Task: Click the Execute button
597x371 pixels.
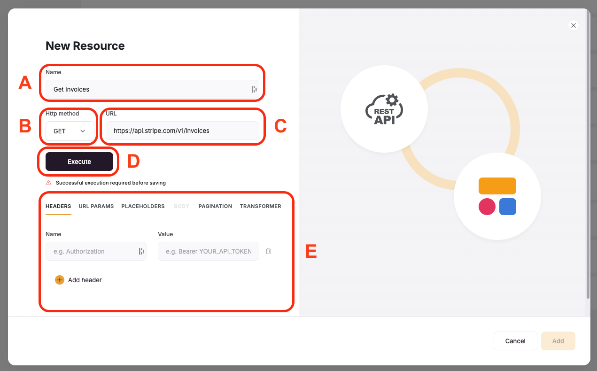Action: tap(79, 162)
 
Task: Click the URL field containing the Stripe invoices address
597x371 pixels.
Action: tap(182, 131)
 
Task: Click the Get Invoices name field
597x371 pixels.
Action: tap(152, 89)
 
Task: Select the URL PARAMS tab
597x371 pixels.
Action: tap(96, 206)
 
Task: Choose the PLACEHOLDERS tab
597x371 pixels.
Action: tap(143, 206)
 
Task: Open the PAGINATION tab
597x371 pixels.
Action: tap(215, 206)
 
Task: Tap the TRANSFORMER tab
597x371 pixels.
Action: tap(260, 206)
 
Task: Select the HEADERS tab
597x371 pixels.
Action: tap(58, 206)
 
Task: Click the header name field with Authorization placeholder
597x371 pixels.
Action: tap(96, 251)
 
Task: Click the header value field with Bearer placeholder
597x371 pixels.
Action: tap(209, 251)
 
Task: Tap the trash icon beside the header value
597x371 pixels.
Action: tap(269, 251)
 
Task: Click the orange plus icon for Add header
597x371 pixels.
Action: tap(60, 280)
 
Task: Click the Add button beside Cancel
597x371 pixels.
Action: tap(558, 341)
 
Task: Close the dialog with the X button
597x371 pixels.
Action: tap(574, 25)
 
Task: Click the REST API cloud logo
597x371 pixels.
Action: tap(384, 109)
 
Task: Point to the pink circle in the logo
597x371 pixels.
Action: tap(487, 207)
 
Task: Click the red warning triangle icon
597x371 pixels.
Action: tap(48, 183)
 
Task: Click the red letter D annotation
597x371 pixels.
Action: tap(133, 161)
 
